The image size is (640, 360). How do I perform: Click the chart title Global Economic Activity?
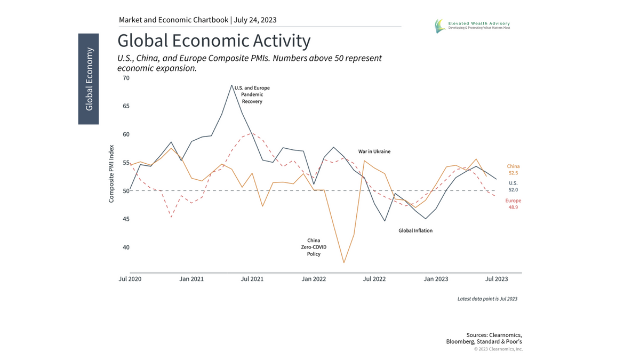click(x=213, y=41)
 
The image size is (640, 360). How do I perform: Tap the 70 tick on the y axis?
click(x=126, y=78)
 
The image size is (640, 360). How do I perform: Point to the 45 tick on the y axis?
click(x=126, y=219)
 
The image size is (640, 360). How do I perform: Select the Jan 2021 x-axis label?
click(x=190, y=279)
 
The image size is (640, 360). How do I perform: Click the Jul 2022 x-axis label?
click(x=374, y=279)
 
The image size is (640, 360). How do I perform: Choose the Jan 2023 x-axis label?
click(x=436, y=279)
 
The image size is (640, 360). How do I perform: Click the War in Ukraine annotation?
click(x=374, y=151)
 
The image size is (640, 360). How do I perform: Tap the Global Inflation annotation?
click(x=415, y=231)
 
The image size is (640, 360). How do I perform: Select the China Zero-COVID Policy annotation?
click(x=314, y=247)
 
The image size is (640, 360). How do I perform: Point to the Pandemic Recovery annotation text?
click(x=252, y=94)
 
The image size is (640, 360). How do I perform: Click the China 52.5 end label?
click(x=513, y=170)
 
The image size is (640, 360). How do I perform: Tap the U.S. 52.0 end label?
click(x=513, y=186)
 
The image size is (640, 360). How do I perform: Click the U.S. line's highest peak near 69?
click(x=231, y=85)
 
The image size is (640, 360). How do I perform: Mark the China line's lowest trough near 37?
click(x=344, y=262)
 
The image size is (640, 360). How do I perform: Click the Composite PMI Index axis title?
click(x=111, y=174)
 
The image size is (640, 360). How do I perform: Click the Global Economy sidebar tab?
click(x=89, y=79)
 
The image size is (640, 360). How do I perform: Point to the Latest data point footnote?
click(x=487, y=299)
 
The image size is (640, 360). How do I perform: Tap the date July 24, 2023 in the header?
click(x=255, y=20)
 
